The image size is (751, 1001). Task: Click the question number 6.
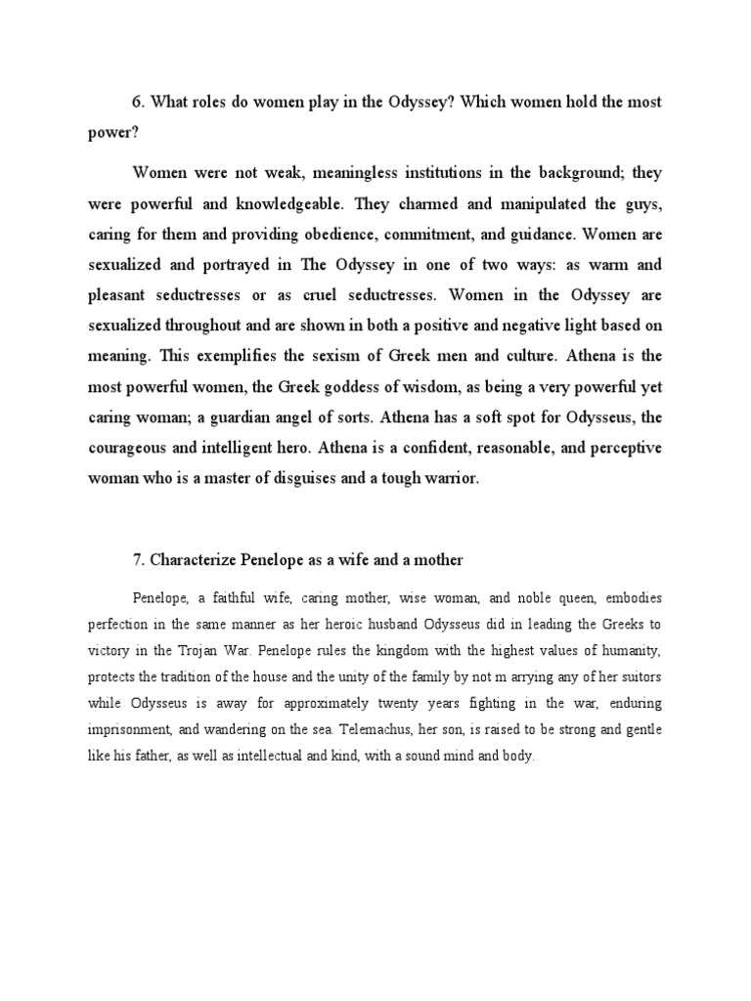click(138, 103)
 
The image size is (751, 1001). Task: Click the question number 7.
click(138, 559)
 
